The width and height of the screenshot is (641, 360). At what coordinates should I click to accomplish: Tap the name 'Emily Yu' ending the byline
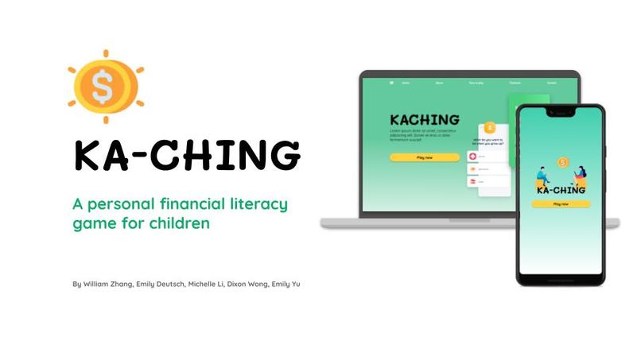(286, 284)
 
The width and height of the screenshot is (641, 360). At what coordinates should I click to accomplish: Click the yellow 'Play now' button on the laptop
(424, 157)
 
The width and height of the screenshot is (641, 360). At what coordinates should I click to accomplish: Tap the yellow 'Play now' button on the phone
(561, 204)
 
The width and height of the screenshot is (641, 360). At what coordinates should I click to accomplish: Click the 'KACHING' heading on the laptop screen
(425, 120)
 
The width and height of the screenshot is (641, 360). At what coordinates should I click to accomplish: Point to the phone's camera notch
(561, 114)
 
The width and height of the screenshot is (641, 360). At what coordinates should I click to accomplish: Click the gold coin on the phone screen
(563, 162)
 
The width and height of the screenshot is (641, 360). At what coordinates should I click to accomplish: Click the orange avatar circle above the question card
(490, 127)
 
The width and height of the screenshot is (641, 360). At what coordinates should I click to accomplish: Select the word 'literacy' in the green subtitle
(255, 204)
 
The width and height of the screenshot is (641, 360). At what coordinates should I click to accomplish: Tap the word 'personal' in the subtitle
(116, 204)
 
